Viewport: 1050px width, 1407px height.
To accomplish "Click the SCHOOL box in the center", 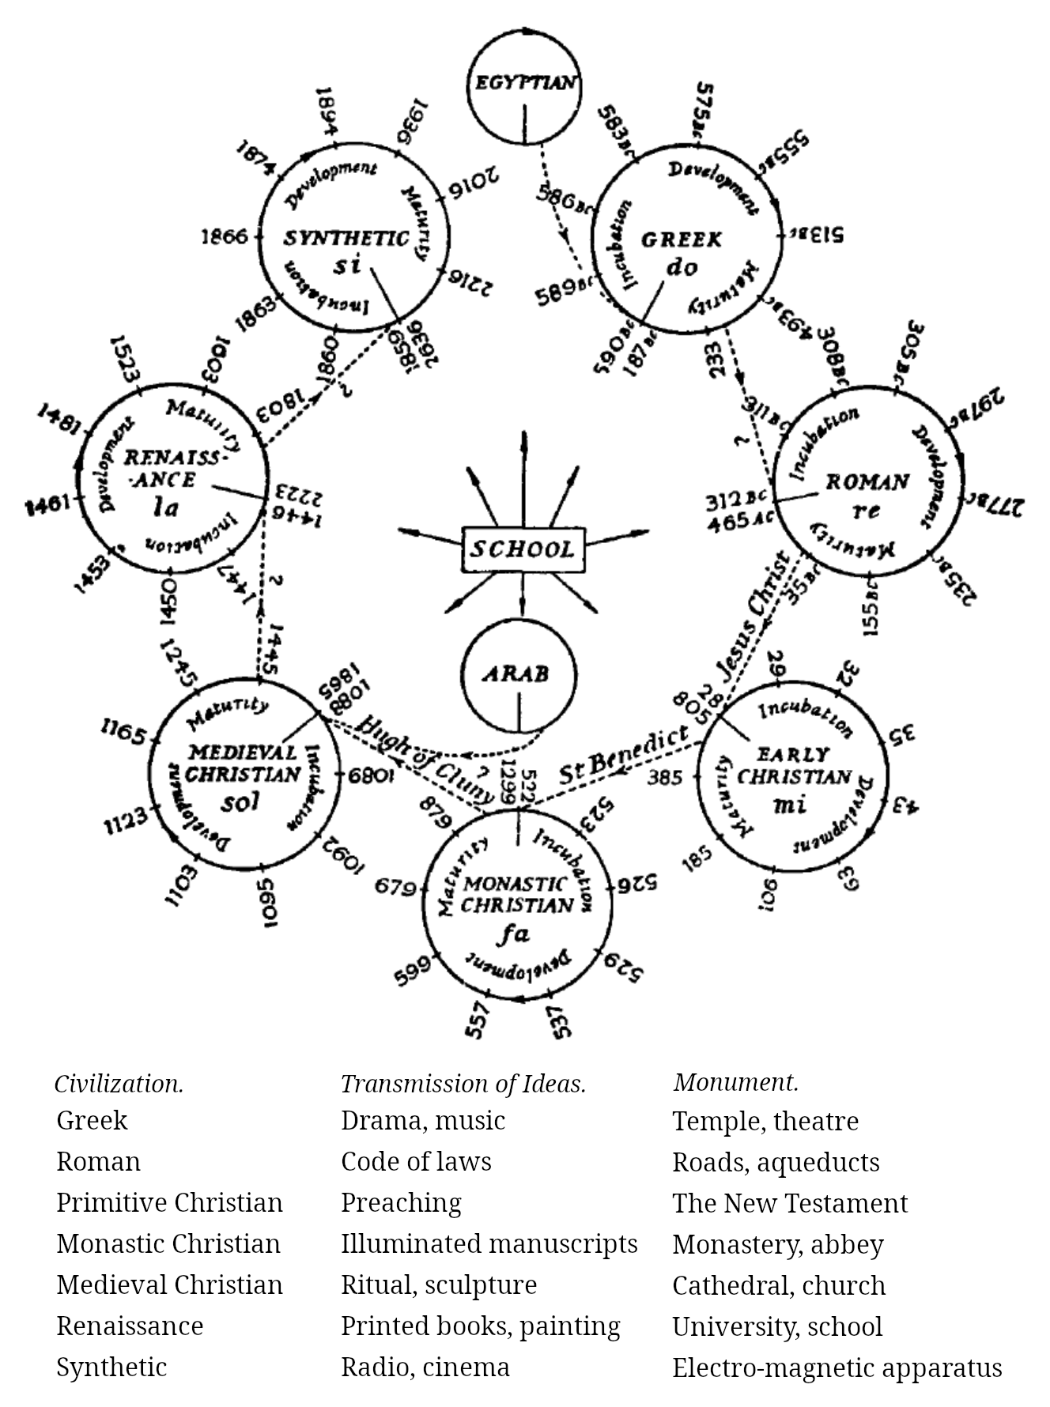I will coord(523,549).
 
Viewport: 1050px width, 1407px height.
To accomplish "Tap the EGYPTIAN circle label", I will coord(525,83).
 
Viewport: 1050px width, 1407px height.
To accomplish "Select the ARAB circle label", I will coord(517,674).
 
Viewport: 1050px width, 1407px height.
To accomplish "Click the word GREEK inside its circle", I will coord(681,240).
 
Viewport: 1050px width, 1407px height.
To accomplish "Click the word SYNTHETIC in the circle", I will coord(346,238).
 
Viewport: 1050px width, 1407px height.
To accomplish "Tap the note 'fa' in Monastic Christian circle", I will coord(513,934).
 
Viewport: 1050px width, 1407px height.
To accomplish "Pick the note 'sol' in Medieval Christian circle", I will coord(240,803).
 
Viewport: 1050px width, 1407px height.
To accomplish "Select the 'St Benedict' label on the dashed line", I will coord(624,756).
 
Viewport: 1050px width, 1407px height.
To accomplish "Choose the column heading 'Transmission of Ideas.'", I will coord(463,1084).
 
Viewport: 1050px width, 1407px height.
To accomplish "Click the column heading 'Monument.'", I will coord(735,1082).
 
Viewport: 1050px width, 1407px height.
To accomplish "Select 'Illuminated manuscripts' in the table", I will coord(489,1244).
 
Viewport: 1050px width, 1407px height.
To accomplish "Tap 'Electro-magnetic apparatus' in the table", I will coord(837,1367).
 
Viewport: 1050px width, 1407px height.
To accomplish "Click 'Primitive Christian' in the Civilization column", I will coord(169,1203).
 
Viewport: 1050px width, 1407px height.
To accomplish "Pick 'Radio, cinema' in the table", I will coord(425,1367).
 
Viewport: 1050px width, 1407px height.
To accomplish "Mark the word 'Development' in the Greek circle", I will coord(712,183).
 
